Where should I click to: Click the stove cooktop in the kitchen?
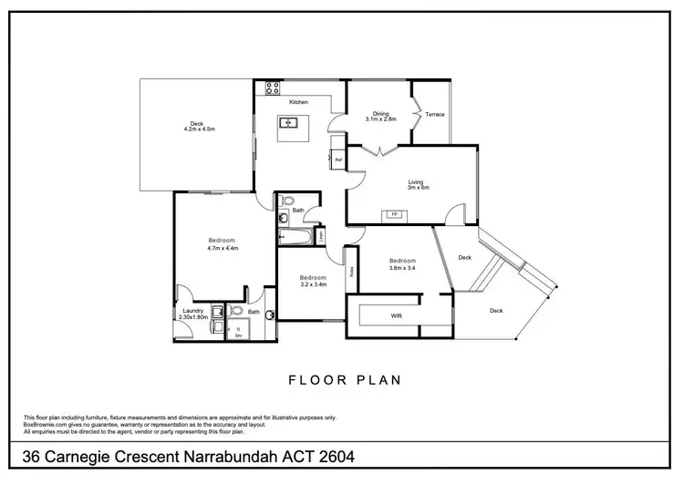tap(271, 88)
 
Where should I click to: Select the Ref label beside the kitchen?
tap(337, 160)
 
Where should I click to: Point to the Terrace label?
tap(435, 114)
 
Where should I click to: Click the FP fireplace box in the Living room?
tap(395, 214)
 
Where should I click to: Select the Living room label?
tap(418, 181)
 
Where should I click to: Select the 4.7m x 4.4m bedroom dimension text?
tap(222, 247)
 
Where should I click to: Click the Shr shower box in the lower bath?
tap(238, 333)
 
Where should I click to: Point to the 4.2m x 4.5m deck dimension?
tap(196, 129)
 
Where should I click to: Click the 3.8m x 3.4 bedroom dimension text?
tap(402, 267)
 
